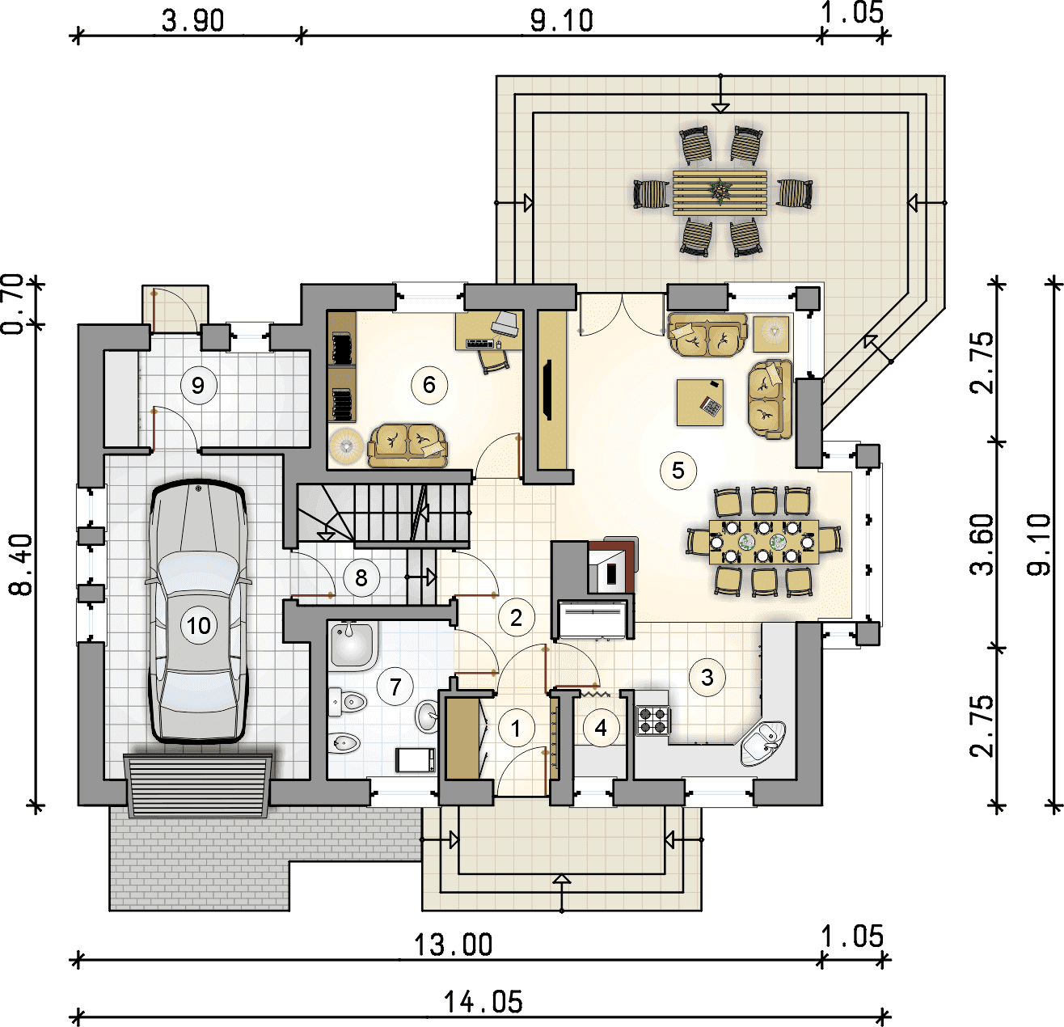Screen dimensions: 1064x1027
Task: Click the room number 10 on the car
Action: pyautogui.click(x=198, y=625)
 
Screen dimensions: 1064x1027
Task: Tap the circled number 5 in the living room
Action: pyautogui.click(x=678, y=471)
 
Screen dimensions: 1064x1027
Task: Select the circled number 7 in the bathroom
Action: pyautogui.click(x=395, y=687)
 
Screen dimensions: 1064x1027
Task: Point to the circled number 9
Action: pyautogui.click(x=198, y=386)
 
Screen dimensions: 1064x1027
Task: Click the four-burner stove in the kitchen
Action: pyautogui.click(x=652, y=720)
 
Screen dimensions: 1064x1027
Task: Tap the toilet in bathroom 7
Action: pyautogui.click(x=347, y=702)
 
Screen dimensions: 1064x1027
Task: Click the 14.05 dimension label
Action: pyautogui.click(x=483, y=1003)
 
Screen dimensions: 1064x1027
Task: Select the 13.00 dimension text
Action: pyautogui.click(x=454, y=945)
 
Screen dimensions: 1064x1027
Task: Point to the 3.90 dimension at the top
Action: pyautogui.click(x=193, y=21)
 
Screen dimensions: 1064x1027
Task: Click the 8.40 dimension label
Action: pyautogui.click(x=21, y=565)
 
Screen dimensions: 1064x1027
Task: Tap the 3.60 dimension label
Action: pyautogui.click(x=981, y=544)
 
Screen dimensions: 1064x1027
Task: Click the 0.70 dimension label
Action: pyautogui.click(x=13, y=304)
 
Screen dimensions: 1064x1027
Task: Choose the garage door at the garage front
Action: pyautogui.click(x=198, y=785)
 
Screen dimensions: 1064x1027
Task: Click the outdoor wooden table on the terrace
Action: pyautogui.click(x=720, y=192)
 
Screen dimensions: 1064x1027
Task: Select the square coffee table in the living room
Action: pyautogui.click(x=700, y=402)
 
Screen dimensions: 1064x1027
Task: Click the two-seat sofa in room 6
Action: pyautogui.click(x=407, y=446)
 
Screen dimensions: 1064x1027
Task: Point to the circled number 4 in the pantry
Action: pyautogui.click(x=601, y=727)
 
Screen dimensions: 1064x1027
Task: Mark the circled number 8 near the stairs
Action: pyautogui.click(x=361, y=577)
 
